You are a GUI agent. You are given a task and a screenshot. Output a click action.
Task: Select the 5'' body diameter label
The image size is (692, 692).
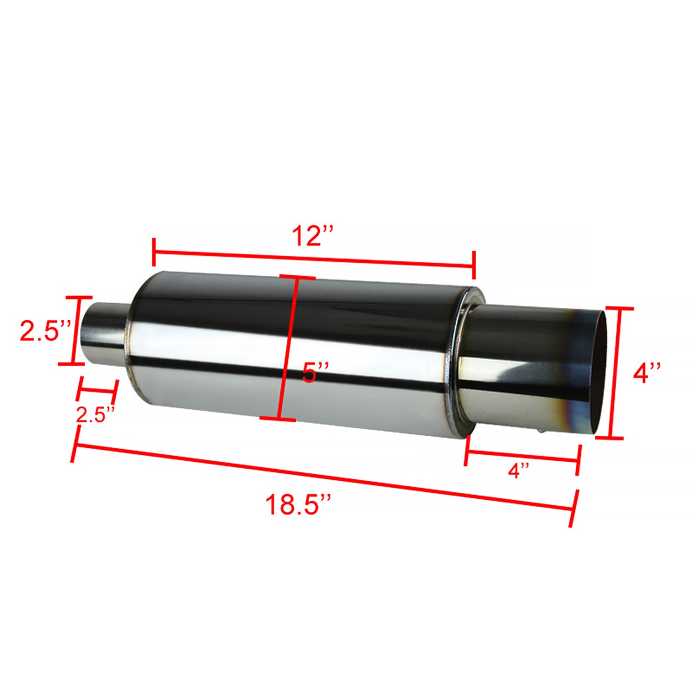(315, 371)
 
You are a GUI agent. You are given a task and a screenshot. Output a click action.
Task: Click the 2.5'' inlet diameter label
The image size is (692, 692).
(45, 331)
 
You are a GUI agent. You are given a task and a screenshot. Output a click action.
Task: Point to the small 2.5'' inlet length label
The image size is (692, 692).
(95, 415)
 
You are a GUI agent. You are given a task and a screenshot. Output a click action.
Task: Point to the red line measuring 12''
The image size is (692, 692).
(314, 259)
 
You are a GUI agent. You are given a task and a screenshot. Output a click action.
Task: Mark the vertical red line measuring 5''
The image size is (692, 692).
(287, 348)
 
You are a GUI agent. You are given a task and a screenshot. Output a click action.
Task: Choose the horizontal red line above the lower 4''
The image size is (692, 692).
(521, 456)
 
